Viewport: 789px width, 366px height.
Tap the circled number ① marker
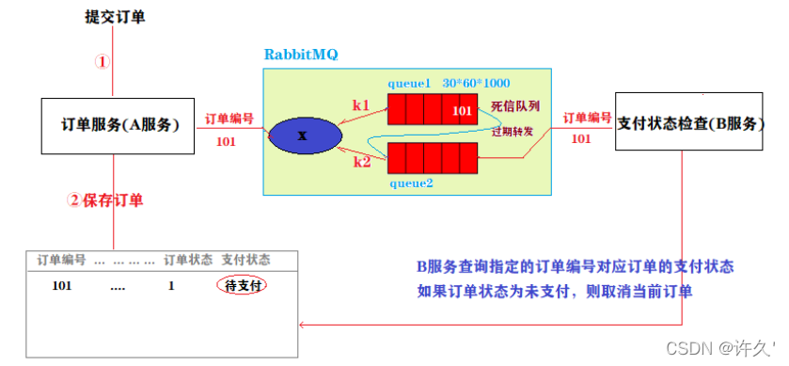pyautogui.click(x=104, y=61)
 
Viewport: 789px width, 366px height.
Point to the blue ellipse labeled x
pyautogui.click(x=302, y=135)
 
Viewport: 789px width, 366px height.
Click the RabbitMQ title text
pyautogui.click(x=301, y=54)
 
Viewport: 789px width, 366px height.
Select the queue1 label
pyautogui.click(x=408, y=82)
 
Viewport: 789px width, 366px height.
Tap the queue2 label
pyautogui.click(x=411, y=183)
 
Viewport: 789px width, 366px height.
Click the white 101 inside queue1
pyautogui.click(x=462, y=111)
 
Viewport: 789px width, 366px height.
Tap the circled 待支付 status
pyautogui.click(x=243, y=285)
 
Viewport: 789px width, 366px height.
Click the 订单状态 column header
pyautogui.click(x=189, y=259)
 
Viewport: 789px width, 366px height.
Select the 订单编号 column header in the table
pyautogui.click(x=61, y=259)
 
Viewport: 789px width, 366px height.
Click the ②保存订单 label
pyautogui.click(x=105, y=200)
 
